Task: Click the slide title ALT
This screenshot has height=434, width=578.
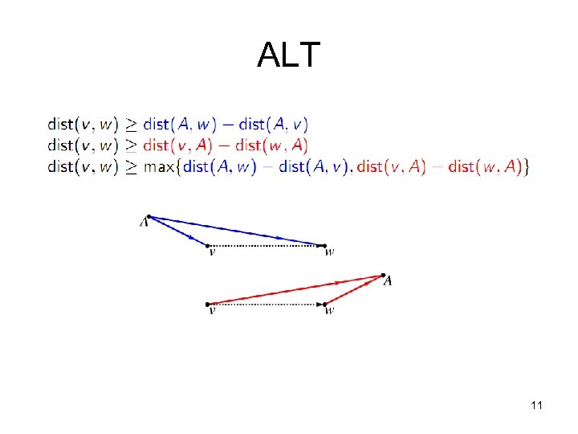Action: coord(288,55)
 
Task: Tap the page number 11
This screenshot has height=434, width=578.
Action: coord(536,405)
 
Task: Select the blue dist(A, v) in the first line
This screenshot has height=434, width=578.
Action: coord(274,124)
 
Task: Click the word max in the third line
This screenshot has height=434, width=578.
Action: coord(159,166)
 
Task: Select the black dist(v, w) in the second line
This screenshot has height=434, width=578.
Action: coord(83,145)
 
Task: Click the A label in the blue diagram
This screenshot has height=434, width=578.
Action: coord(144,221)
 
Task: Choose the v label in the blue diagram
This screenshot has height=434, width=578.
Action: coord(211,252)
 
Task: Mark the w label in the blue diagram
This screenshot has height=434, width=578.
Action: coord(329,252)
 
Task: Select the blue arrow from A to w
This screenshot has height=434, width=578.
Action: coord(241,231)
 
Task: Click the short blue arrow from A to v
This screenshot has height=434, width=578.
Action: coord(178,231)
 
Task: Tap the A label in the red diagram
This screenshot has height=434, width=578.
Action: coord(388,280)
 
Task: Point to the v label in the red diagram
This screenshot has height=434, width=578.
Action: coord(211,311)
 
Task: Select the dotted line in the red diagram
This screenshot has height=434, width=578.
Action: coord(267,304)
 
